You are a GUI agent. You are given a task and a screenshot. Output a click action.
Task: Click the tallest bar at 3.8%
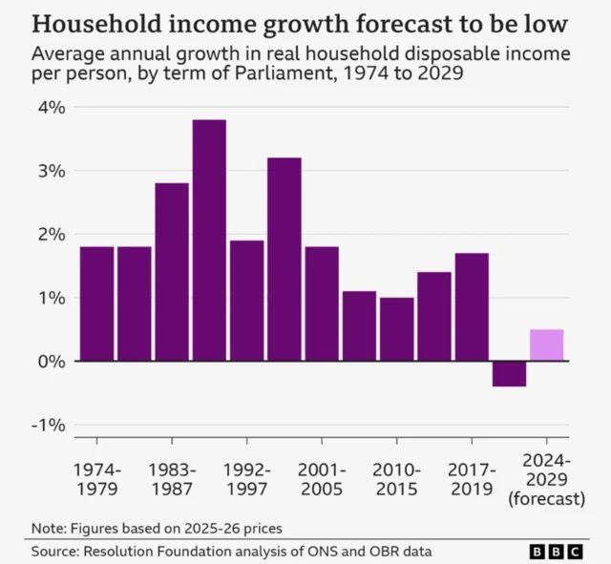point(209,240)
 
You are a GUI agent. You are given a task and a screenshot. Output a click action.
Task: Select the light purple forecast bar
point(546,345)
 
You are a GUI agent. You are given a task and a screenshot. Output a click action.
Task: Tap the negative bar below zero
point(509,373)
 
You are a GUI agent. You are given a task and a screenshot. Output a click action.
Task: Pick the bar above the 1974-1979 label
point(97,303)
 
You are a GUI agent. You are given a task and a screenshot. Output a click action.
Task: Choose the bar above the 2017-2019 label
point(472,306)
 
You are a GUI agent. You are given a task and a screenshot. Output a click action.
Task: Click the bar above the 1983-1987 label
point(172,272)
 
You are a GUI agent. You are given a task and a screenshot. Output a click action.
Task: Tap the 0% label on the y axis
point(52,362)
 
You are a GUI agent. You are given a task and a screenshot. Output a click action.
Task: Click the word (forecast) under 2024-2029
point(547,498)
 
